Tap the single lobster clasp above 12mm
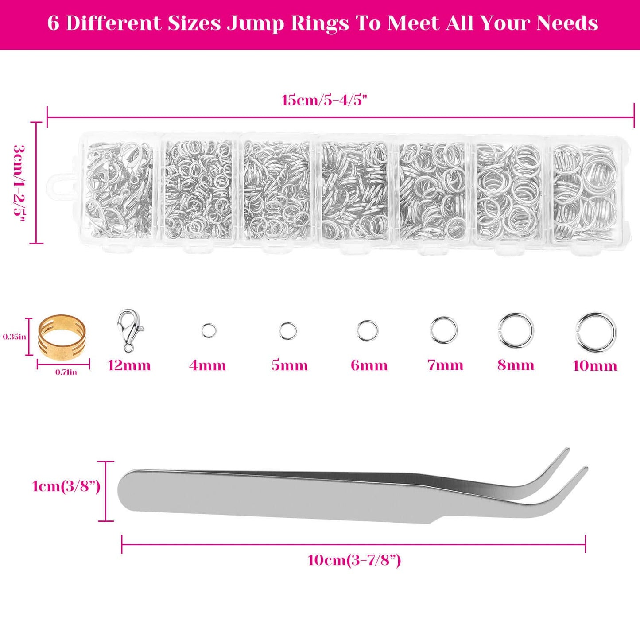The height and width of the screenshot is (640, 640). pos(129,330)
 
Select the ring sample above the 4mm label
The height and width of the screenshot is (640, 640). pos(209,330)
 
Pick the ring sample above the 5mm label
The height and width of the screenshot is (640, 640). pos(288,331)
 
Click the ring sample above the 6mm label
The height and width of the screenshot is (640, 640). pos(368,331)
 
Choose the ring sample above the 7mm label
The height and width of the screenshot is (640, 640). pos(444,330)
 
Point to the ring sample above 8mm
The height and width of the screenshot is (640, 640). pos(516,330)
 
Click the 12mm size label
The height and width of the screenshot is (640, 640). pos(129,365)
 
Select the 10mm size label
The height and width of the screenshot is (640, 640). pos(595,366)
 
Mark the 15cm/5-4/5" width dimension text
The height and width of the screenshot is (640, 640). pos(325,100)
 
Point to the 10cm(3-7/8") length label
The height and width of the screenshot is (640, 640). pos(354,560)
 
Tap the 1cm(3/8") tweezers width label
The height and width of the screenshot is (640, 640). pos(66,486)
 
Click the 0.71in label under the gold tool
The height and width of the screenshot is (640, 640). pos(66,372)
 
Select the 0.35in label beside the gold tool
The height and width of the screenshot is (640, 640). pos(14,337)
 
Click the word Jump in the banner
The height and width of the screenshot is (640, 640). pos(255,23)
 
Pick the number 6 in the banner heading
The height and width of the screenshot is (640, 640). pos(53,23)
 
